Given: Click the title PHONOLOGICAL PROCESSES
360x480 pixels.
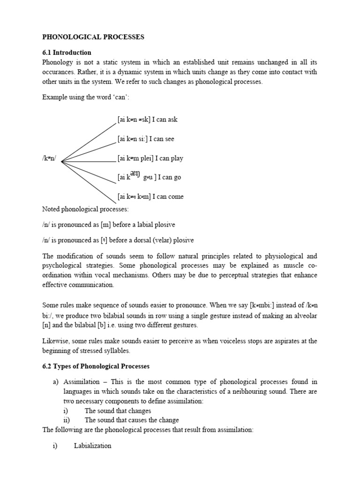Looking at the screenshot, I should point(93,37).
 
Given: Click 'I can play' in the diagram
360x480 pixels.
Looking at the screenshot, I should point(170,158).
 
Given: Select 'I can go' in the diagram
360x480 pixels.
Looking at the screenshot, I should point(169,178).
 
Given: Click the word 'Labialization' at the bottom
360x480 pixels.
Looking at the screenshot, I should point(92,446).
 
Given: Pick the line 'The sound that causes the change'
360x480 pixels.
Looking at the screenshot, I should point(132,420).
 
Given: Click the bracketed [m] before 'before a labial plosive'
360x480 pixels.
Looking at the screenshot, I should point(105,225).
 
